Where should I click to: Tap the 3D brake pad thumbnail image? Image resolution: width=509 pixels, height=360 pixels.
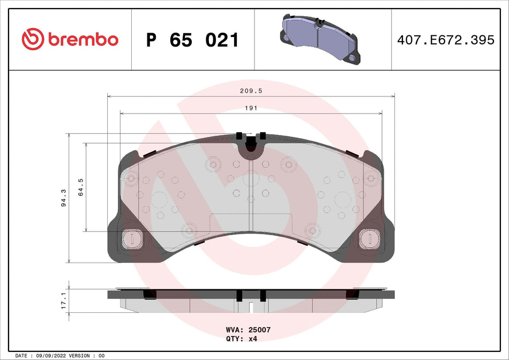point(319,39)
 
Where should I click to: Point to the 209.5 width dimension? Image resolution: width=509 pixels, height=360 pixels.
point(251,92)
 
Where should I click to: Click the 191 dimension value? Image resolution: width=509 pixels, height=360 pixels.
point(251,108)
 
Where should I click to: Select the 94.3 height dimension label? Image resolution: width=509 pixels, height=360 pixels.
point(64,198)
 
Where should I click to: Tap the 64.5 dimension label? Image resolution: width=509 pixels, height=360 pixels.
point(81,187)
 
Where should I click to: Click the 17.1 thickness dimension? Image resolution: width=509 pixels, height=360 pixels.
point(64,301)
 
